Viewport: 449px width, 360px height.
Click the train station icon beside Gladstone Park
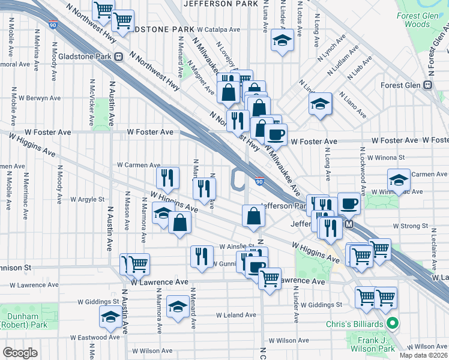119,57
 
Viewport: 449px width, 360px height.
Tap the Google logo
20,353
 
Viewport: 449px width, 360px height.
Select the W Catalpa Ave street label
221,29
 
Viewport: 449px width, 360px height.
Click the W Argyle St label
87,199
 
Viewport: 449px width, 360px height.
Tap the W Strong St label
410,226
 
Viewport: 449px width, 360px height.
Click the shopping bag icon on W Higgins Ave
180,223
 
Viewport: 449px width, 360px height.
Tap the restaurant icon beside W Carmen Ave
167,177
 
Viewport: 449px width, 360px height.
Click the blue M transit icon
349,224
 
